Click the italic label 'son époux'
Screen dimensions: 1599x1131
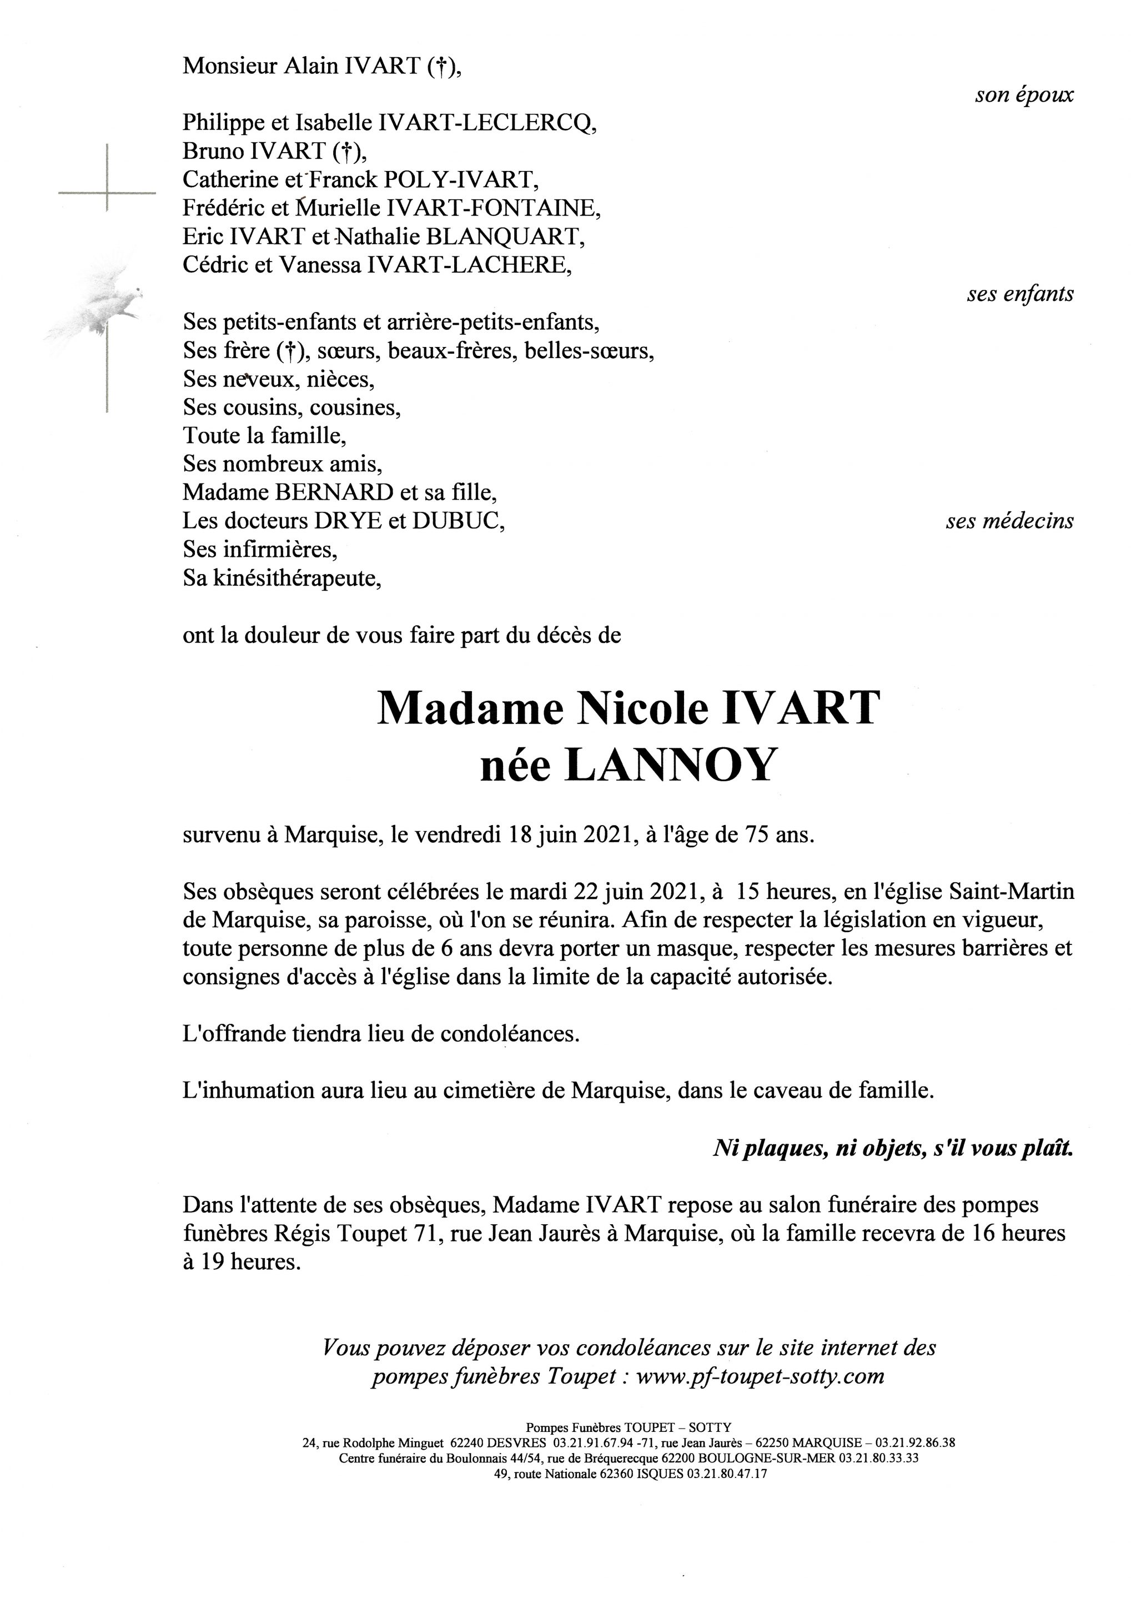tap(1024, 95)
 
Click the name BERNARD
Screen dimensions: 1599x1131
tap(335, 492)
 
